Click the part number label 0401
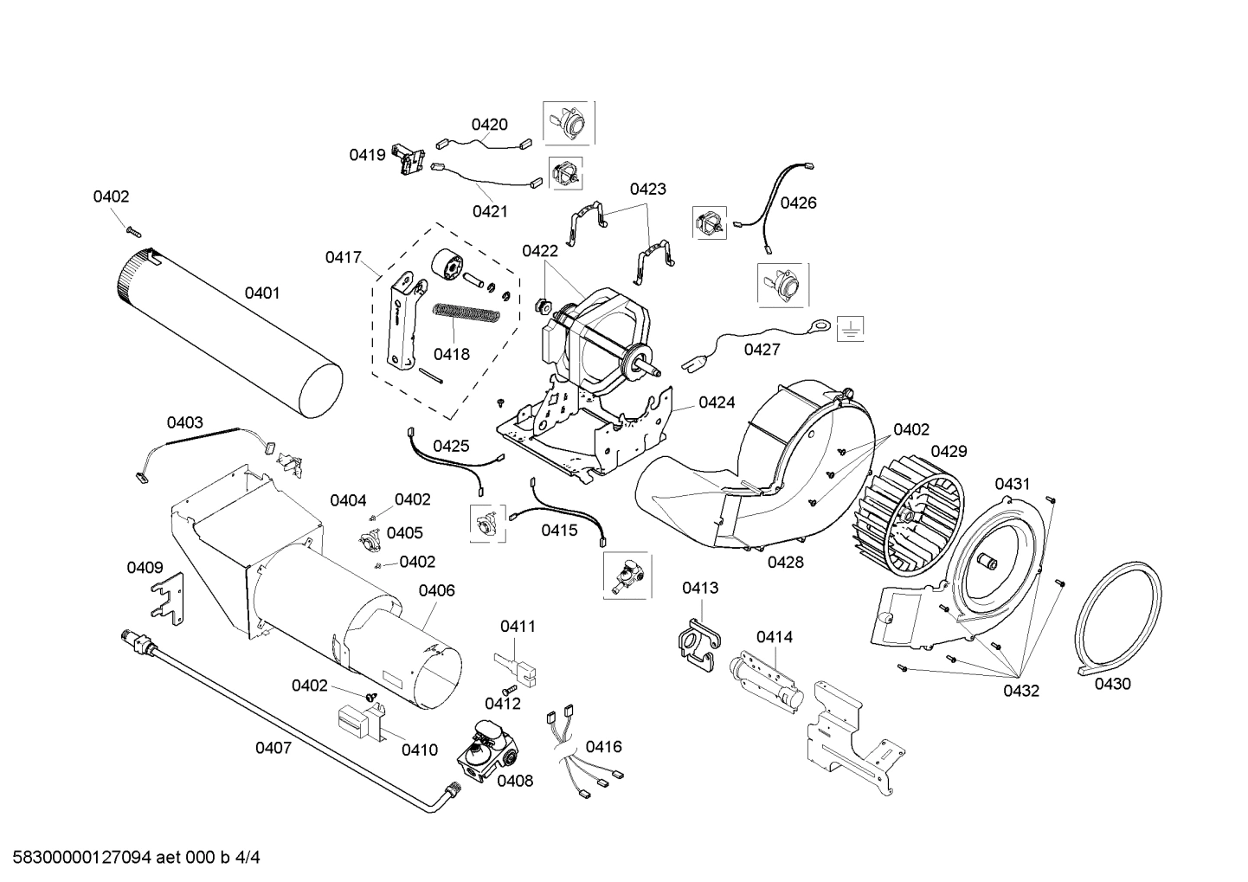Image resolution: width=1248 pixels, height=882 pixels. pyautogui.click(x=261, y=293)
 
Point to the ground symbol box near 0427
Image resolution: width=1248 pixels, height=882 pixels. pyautogui.click(x=850, y=328)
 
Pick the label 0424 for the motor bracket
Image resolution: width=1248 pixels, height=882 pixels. pyautogui.click(x=717, y=402)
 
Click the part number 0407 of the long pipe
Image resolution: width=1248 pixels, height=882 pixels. pyautogui.click(x=273, y=748)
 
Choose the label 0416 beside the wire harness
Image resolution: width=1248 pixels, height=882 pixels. pyautogui.click(x=603, y=747)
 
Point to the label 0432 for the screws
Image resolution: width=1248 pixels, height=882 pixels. pyautogui.click(x=1021, y=691)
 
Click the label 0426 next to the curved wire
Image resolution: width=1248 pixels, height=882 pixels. pyautogui.click(x=798, y=203)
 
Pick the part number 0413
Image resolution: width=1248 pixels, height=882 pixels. pyautogui.click(x=699, y=589)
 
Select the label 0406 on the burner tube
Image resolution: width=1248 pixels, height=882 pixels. pyautogui.click(x=436, y=590)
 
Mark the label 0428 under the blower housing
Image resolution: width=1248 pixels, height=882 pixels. pyautogui.click(x=785, y=562)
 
